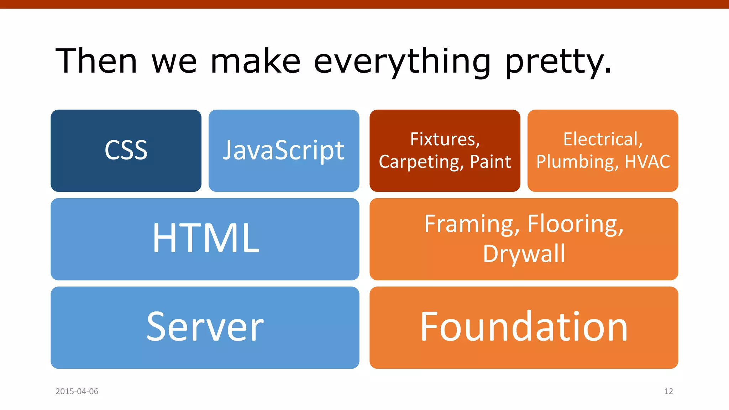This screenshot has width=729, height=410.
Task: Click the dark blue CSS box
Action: click(126, 151)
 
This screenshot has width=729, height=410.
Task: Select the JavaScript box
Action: click(284, 151)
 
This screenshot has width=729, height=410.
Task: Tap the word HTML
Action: click(206, 238)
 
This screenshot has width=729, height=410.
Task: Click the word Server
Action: click(205, 327)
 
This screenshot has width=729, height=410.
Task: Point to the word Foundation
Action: click(524, 327)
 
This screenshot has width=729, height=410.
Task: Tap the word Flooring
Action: click(575, 224)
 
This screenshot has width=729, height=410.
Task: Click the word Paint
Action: click(490, 162)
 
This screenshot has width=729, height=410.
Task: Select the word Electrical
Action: click(603, 139)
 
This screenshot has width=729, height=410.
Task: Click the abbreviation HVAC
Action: click(647, 162)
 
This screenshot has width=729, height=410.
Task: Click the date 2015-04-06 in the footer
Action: click(77, 391)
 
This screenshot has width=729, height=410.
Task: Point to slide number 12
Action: click(668, 391)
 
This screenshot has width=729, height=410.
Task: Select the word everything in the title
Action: click(402, 62)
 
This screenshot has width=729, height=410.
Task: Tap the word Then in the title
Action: click(96, 61)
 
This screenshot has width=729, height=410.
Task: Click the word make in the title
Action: click(256, 62)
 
